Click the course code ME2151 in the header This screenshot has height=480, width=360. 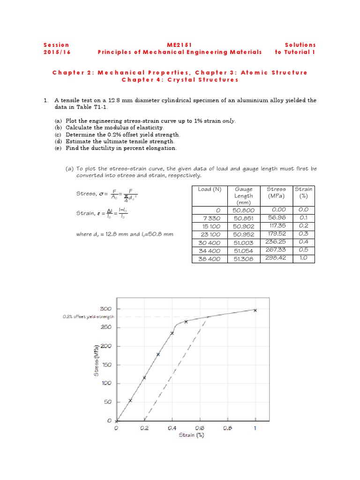tap(180, 45)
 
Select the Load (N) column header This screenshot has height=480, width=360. tap(210, 189)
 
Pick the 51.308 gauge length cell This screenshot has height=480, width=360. tap(243, 258)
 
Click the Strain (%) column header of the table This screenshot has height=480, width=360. tap(304, 192)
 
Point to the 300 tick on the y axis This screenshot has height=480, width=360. tap(105, 308)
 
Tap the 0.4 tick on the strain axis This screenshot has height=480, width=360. tap(172, 427)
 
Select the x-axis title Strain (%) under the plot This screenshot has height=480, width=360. tap(191, 435)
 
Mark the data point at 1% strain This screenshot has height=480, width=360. tap(255, 310)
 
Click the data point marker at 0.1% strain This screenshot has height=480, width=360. tap(130, 400)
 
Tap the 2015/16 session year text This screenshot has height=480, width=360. tap(57, 52)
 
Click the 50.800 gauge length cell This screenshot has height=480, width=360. tap(243, 210)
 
